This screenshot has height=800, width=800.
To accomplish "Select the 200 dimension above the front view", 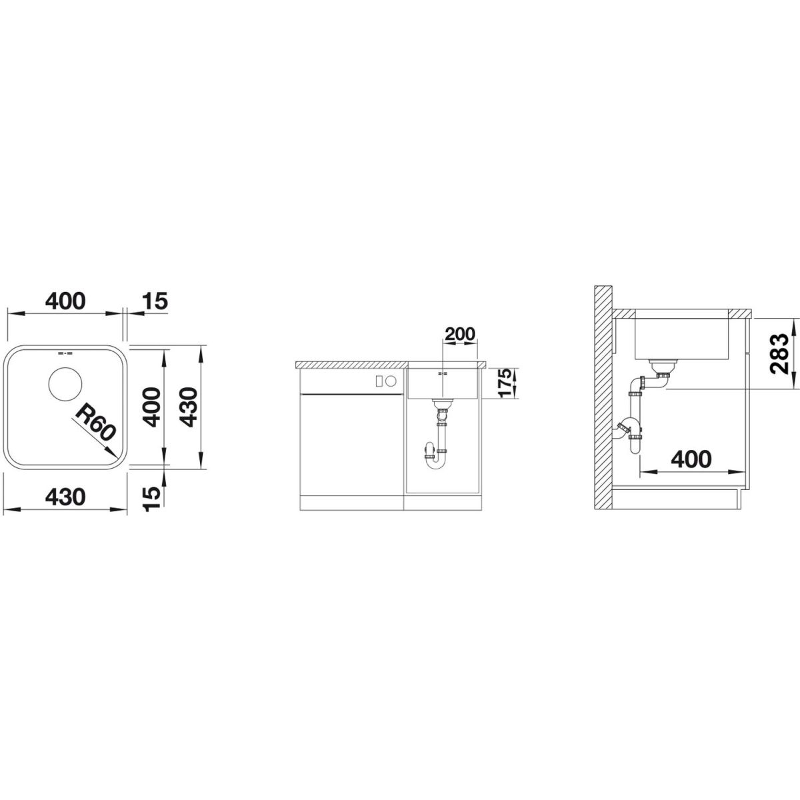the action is click(x=459, y=334).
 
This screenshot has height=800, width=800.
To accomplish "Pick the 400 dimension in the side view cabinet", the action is click(x=691, y=459).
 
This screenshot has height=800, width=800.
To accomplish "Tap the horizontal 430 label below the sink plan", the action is click(x=65, y=497).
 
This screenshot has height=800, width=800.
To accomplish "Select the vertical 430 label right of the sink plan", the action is click(x=190, y=407).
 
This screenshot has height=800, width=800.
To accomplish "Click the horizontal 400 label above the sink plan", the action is click(x=65, y=302).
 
